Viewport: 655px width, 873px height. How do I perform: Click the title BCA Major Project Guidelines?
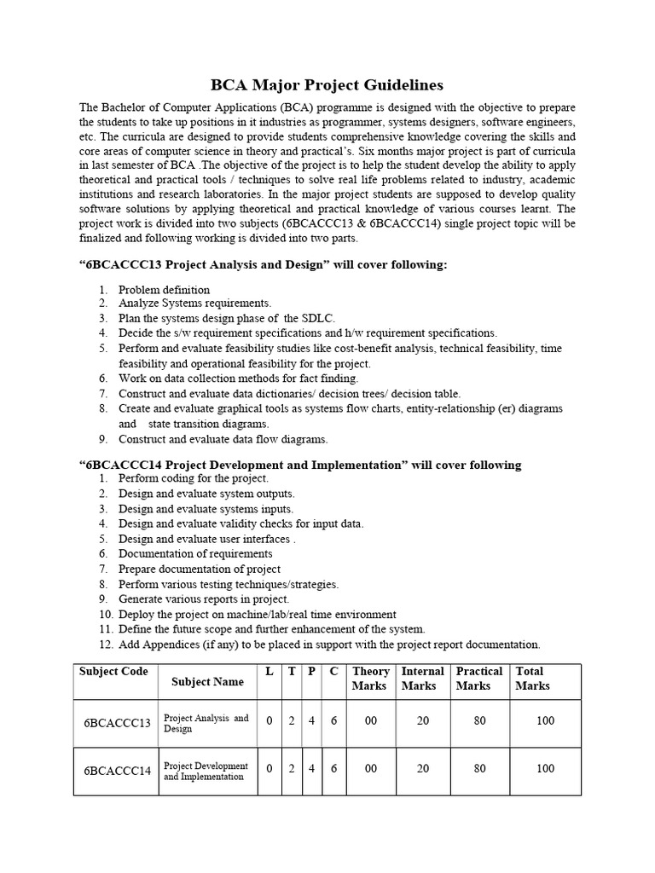tap(327, 85)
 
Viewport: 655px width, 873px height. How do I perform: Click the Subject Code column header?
tap(113, 672)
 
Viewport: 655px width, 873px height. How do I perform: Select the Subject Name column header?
tap(207, 681)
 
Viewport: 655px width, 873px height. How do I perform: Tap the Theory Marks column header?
tap(370, 679)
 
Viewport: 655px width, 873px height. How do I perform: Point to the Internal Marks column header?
tap(422, 679)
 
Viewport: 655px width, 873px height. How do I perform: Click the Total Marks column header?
tap(532, 679)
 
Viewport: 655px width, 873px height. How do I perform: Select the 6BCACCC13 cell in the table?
tap(117, 723)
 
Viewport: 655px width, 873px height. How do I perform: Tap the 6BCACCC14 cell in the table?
tap(117, 771)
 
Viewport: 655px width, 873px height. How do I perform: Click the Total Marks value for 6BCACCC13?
tap(545, 721)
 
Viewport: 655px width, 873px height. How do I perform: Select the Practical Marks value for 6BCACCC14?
tap(479, 769)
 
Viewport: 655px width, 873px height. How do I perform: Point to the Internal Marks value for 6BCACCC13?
tap(423, 721)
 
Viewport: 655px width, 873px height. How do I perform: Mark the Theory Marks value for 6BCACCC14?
tap(370, 769)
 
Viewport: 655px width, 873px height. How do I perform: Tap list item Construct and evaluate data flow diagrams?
tap(223, 439)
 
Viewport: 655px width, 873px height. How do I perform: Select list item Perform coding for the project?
tap(193, 479)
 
